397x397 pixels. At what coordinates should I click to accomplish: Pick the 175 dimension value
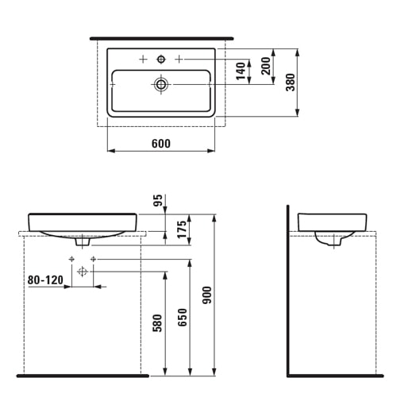(x=182, y=230)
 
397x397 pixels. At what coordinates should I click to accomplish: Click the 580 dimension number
(x=158, y=326)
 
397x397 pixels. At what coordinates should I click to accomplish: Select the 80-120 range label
(x=44, y=279)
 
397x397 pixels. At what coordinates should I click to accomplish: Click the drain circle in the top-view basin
(x=161, y=83)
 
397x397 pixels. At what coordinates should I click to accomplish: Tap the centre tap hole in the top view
(x=161, y=60)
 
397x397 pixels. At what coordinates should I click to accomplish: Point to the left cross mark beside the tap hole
(x=143, y=60)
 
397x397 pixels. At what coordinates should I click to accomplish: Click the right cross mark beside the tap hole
(x=179, y=60)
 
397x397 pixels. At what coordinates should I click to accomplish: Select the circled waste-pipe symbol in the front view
(x=82, y=272)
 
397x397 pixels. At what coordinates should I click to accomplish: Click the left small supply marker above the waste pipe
(x=71, y=260)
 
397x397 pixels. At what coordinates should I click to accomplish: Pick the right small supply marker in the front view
(x=93, y=260)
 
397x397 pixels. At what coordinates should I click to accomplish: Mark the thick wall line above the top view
(x=161, y=37)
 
